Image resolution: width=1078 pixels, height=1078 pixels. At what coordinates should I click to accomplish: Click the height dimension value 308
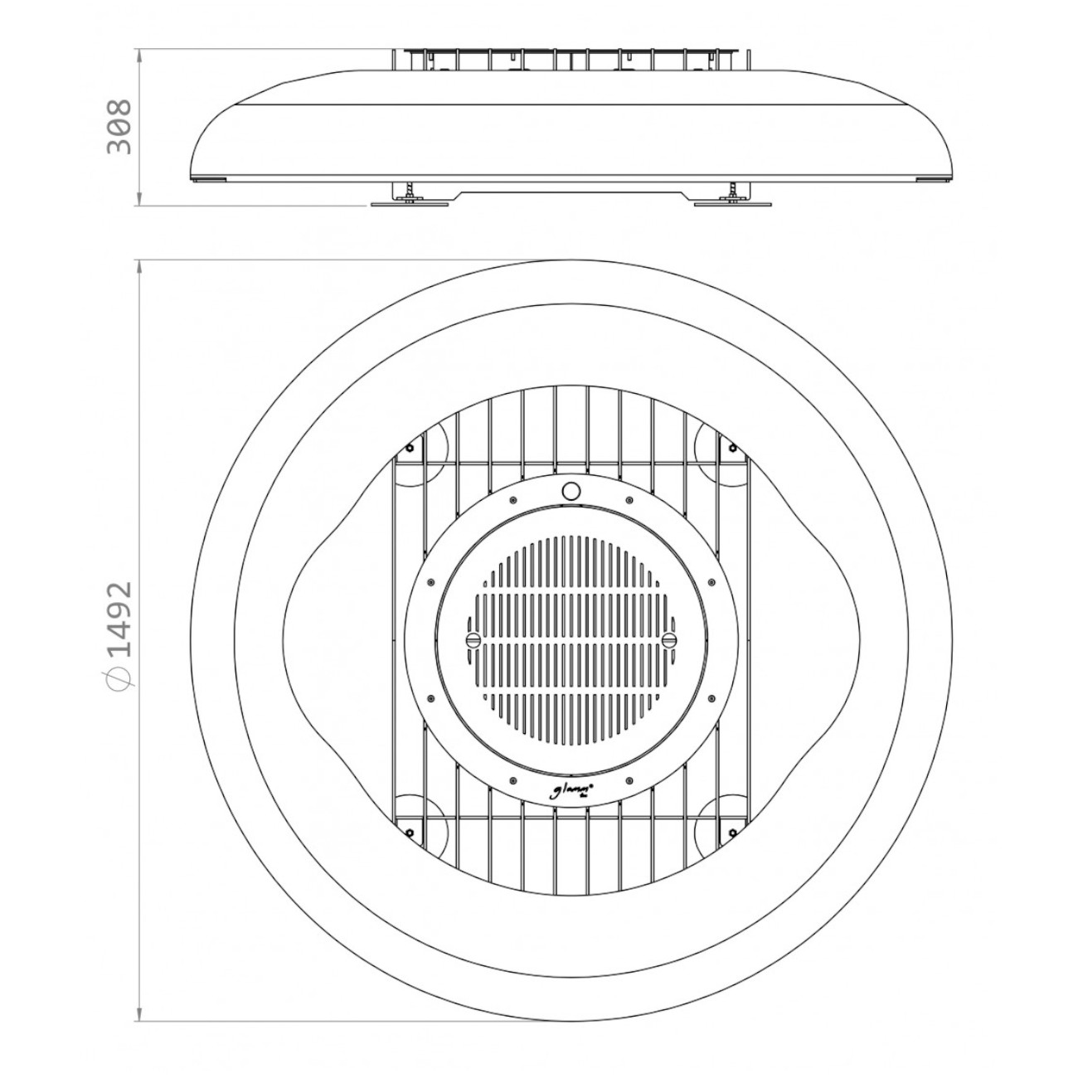[119, 126]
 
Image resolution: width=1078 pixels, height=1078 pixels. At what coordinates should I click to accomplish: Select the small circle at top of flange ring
[571, 490]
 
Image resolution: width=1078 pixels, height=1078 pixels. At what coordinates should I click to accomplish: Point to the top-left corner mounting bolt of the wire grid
[409, 448]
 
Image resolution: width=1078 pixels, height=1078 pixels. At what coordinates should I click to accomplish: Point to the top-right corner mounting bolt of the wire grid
[732, 448]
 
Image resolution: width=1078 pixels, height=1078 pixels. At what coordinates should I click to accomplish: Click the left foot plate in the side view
[408, 202]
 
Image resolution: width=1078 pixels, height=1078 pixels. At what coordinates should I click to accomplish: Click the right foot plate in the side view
[732, 202]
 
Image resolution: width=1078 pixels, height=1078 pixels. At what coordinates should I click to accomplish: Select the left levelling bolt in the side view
[409, 190]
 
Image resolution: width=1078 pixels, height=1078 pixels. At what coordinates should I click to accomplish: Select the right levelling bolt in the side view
[732, 190]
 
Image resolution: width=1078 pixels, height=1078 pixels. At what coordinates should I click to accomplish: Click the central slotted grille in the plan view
[571, 639]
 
